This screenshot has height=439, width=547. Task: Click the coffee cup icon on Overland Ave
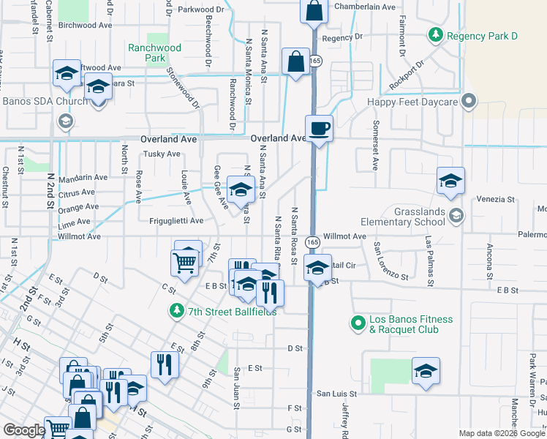(x=318, y=130)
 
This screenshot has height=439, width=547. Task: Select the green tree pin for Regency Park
(x=436, y=34)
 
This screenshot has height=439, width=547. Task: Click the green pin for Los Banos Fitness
(x=358, y=322)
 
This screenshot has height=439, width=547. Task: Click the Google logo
(x=23, y=430)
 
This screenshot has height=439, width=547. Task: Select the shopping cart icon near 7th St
(x=184, y=262)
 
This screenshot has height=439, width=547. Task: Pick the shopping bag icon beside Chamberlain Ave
(x=314, y=12)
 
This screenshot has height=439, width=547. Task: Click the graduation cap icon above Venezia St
(x=450, y=181)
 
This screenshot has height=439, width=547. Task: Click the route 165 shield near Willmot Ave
(x=312, y=241)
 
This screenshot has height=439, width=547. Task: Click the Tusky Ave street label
(x=161, y=154)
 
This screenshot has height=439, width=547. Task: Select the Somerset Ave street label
(x=376, y=145)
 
